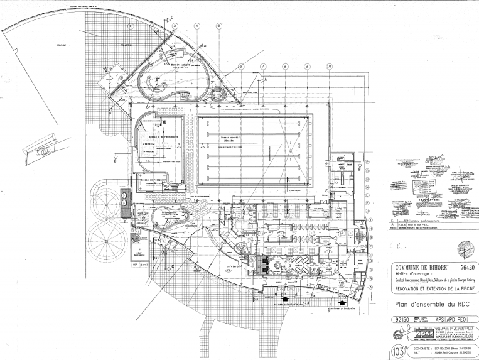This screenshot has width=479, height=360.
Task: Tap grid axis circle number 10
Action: click(x=328, y=66)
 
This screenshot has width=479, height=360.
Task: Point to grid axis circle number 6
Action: click(x=240, y=66)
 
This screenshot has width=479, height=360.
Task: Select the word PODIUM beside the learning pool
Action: click(x=148, y=144)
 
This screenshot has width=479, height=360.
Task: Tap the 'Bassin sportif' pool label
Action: click(x=230, y=137)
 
